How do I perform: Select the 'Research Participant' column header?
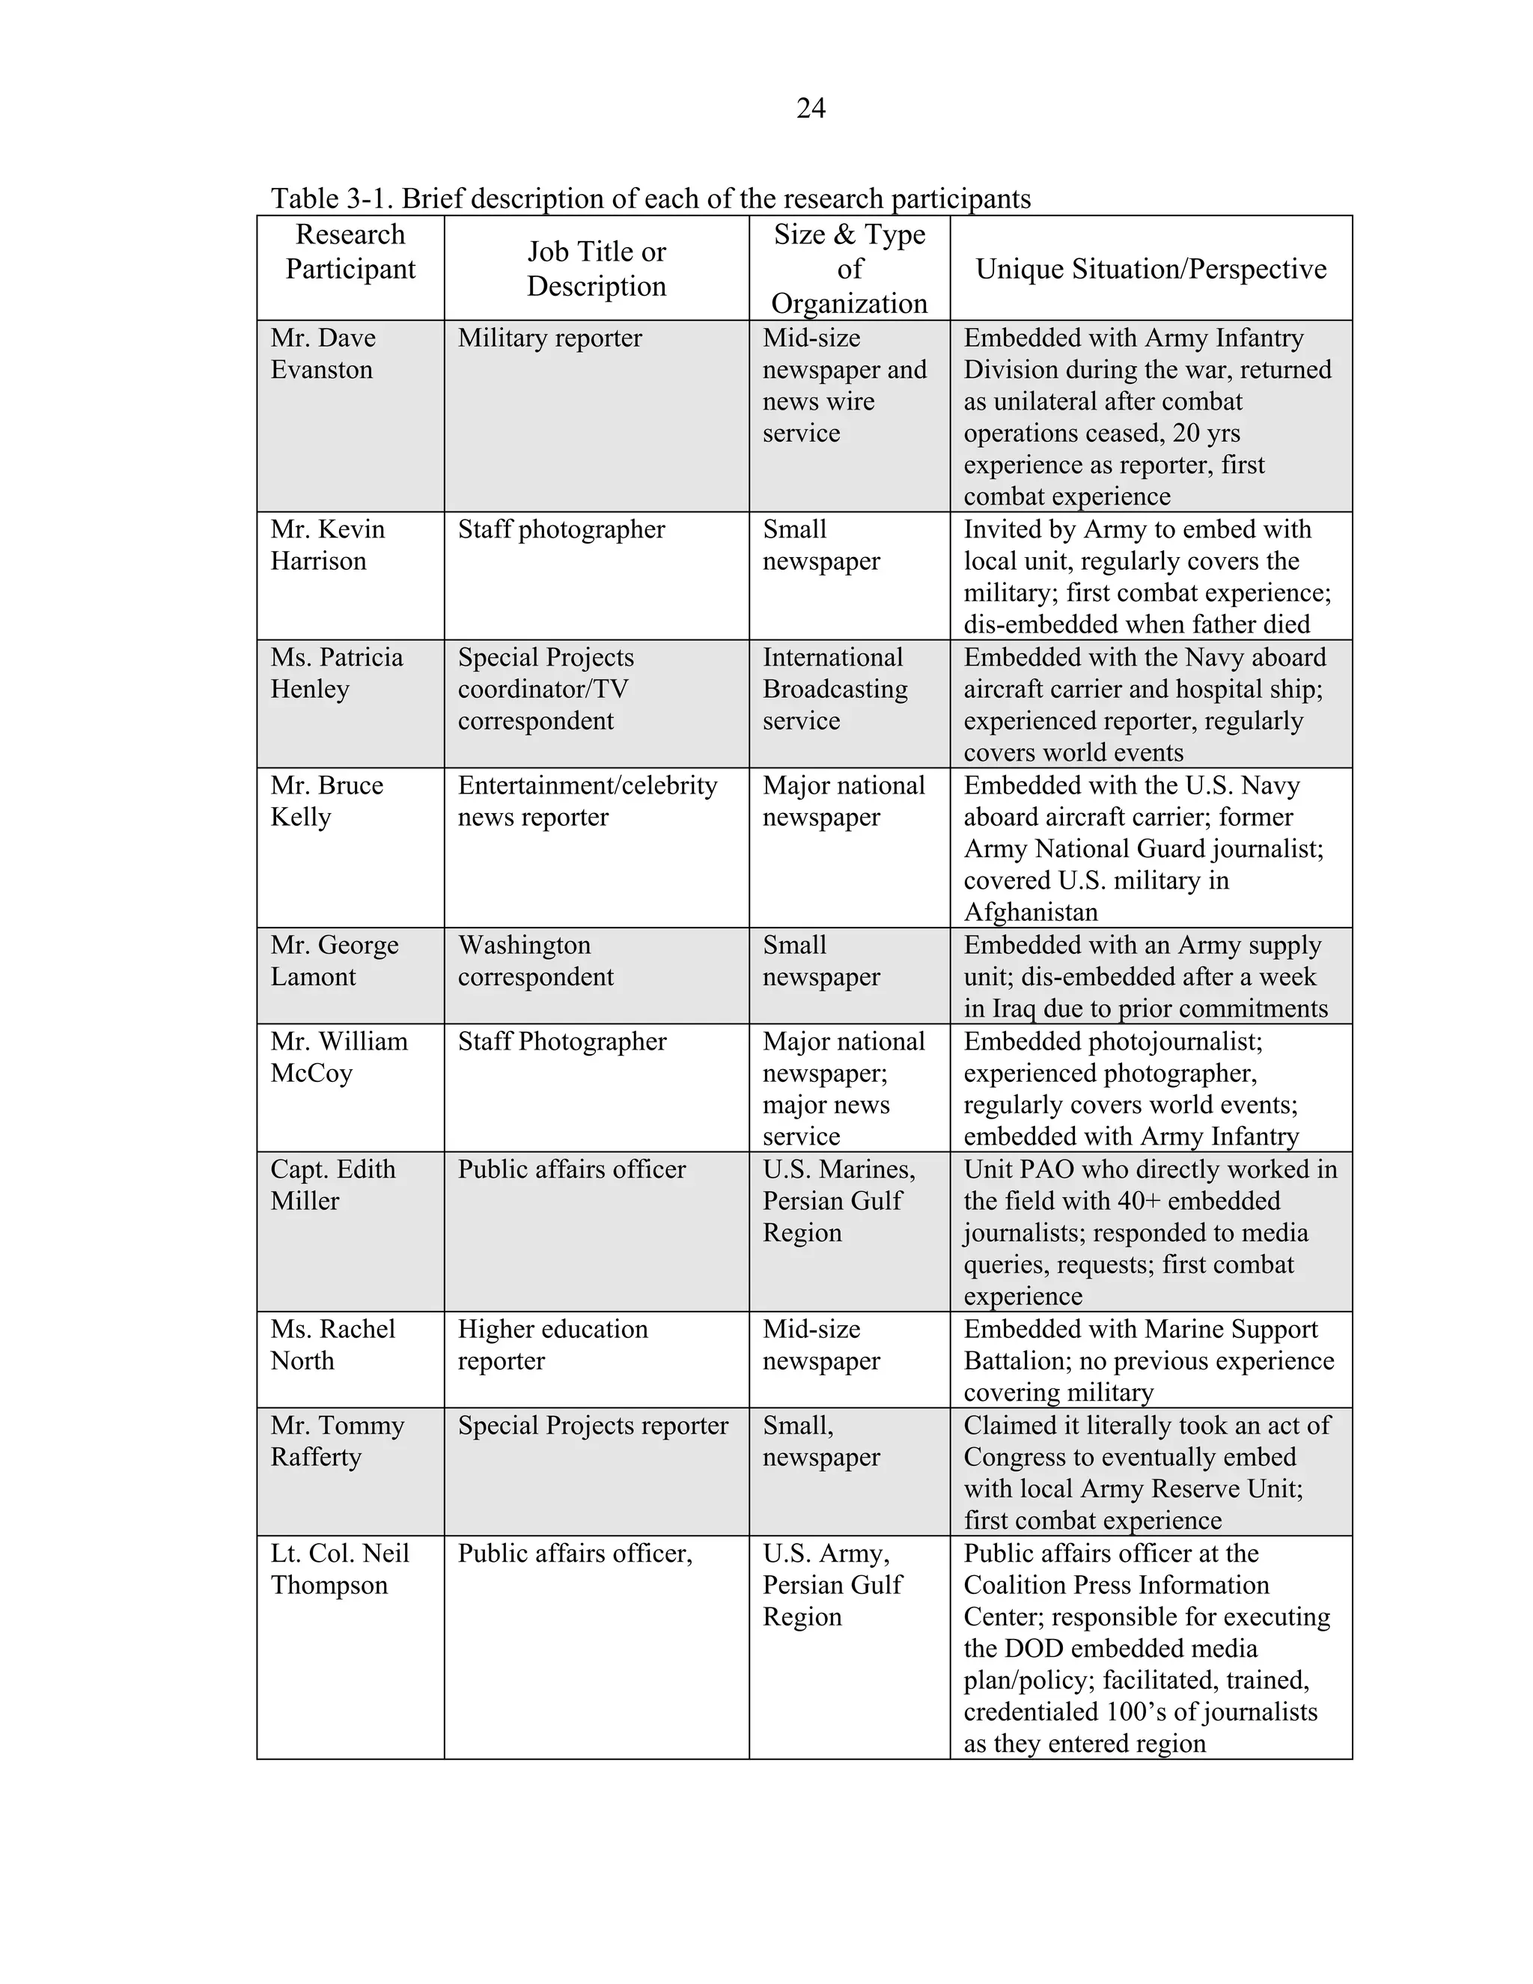pos(350,252)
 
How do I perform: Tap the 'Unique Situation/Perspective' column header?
pos(1150,269)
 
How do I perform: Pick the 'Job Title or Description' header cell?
pos(596,269)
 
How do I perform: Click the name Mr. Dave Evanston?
pos(323,353)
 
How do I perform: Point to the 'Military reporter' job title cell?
pos(549,338)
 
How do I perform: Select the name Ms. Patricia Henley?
pos(336,673)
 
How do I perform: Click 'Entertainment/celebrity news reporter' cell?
pos(587,800)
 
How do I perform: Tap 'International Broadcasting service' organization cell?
pos(834,689)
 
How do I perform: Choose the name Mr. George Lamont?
pos(333,961)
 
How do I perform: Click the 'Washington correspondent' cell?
pos(535,961)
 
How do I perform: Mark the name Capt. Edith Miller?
pos(332,1184)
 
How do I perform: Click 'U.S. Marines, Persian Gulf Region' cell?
pos(838,1200)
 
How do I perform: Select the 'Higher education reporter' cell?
pos(552,1345)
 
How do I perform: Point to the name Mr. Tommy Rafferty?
pos(337,1440)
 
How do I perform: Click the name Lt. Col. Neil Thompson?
pos(339,1568)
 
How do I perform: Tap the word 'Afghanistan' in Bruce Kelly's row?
pos(1030,911)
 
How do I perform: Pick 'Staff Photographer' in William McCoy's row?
pos(561,1041)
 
